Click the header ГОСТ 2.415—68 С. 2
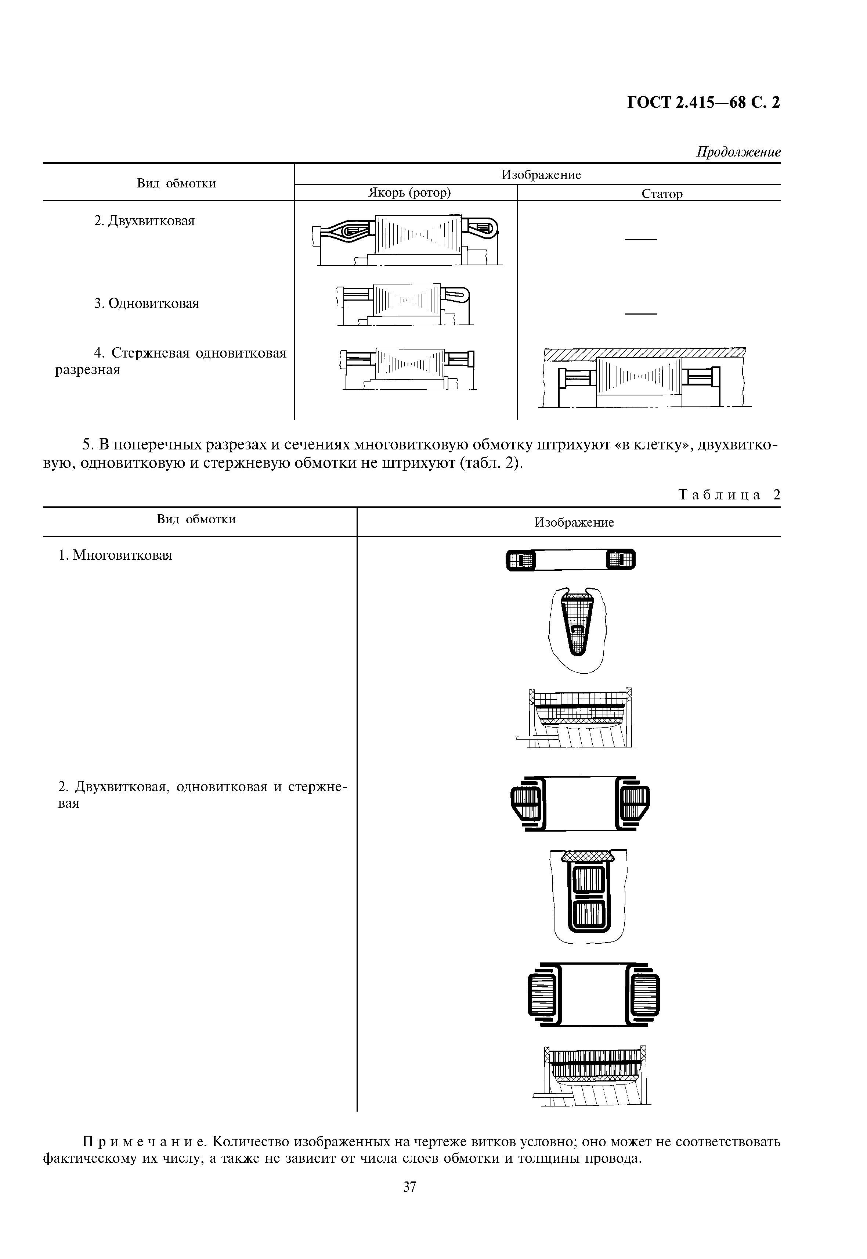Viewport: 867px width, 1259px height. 704,102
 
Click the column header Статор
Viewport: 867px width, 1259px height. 662,194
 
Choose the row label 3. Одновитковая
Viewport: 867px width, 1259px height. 147,303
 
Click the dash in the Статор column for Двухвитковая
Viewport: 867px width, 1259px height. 641,239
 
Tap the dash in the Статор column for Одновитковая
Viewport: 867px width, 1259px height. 641,314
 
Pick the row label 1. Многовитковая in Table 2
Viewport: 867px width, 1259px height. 115,555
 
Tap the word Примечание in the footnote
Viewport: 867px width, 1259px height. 144,1141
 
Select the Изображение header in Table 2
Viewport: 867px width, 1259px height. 574,523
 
